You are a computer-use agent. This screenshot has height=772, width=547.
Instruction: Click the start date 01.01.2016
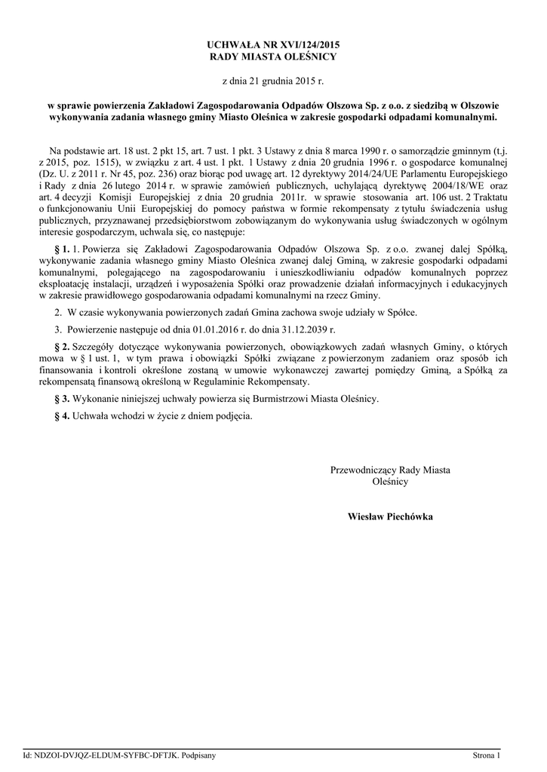[217, 329]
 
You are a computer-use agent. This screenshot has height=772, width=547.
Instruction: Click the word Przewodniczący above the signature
[363, 470]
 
